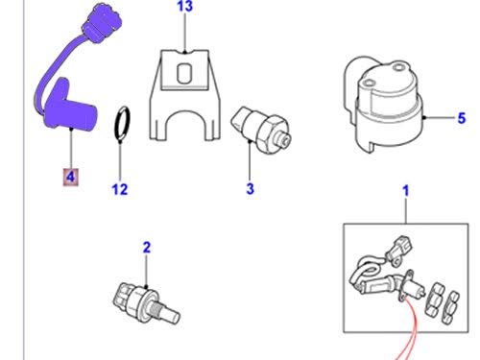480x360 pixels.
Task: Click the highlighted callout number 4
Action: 70,177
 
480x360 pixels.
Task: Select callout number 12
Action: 120,189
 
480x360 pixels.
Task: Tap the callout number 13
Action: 185,6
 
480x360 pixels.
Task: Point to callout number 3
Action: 250,188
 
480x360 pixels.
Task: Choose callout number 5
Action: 461,118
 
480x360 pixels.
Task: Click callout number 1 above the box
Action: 406,191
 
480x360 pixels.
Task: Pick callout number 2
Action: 146,248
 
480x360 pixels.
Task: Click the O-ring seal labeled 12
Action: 122,123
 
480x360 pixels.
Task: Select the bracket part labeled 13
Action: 185,95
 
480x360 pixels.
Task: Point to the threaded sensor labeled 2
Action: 146,303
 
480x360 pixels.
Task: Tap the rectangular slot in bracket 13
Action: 184,74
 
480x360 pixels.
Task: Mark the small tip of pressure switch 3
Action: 285,140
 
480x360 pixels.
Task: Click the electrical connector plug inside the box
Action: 399,251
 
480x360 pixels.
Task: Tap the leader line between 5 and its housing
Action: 440,118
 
